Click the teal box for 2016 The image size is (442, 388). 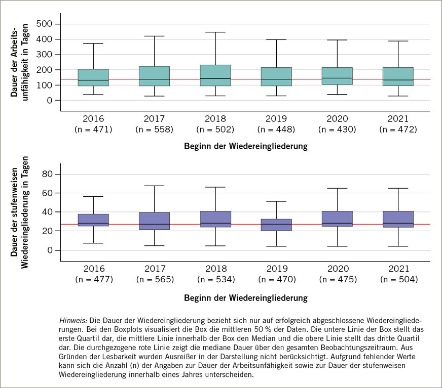[x=93, y=77]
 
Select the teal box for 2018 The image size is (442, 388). [x=215, y=75]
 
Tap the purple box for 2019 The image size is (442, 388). [x=276, y=225]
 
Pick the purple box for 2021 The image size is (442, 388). [x=398, y=219]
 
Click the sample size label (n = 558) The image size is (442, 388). [x=154, y=129]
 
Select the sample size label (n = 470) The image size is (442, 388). [x=276, y=279]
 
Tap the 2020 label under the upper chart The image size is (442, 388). [x=337, y=118]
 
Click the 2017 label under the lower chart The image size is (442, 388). [x=154, y=268]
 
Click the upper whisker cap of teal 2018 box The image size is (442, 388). [x=215, y=32]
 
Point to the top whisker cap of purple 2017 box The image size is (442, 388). [x=154, y=186]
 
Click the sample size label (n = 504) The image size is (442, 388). [x=398, y=279]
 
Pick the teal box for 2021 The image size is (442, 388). [x=398, y=76]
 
